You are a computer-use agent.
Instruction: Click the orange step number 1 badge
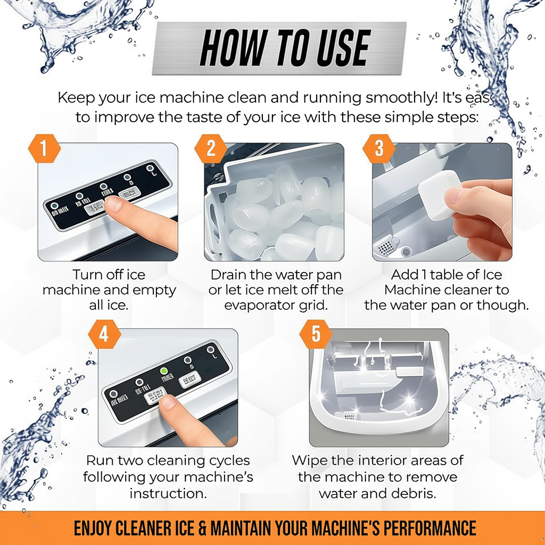(43, 149)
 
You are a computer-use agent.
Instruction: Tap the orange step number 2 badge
(211, 149)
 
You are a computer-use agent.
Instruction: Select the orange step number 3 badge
(379, 149)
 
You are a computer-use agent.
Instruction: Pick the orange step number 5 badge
(316, 335)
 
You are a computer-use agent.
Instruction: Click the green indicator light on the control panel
(164, 371)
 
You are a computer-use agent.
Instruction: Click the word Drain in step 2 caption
(231, 275)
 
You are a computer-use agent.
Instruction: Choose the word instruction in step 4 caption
(168, 493)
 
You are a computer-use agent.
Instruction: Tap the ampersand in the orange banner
(201, 529)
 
